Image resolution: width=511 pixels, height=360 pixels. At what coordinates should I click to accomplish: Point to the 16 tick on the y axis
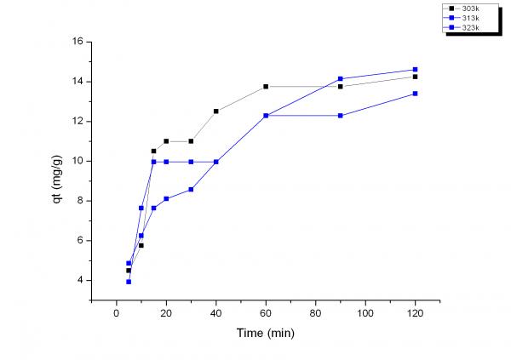(x=77, y=42)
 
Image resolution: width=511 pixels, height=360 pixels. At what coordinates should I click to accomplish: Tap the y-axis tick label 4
(x=79, y=280)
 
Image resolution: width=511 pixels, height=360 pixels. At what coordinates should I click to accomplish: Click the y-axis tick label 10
(x=77, y=161)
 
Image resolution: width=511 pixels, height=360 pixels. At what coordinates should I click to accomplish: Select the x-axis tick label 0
(x=117, y=313)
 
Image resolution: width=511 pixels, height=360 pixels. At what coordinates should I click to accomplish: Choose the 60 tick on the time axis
(x=266, y=313)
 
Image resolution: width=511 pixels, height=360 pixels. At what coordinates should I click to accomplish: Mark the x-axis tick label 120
(x=415, y=313)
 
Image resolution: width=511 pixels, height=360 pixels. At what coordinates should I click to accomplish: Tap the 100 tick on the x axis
(x=365, y=313)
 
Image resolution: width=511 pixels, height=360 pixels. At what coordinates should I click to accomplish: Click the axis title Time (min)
(x=266, y=333)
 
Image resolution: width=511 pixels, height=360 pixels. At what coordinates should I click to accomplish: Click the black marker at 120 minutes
(x=415, y=77)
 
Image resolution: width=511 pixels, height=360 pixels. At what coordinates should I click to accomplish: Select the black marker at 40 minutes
(x=216, y=111)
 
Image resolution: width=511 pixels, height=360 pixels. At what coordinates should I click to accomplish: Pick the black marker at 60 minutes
(x=266, y=87)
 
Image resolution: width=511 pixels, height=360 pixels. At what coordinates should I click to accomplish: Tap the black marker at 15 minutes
(x=154, y=151)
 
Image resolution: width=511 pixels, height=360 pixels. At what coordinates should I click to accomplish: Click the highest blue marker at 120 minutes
(x=415, y=70)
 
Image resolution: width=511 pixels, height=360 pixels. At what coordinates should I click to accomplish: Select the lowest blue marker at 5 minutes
(x=129, y=281)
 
